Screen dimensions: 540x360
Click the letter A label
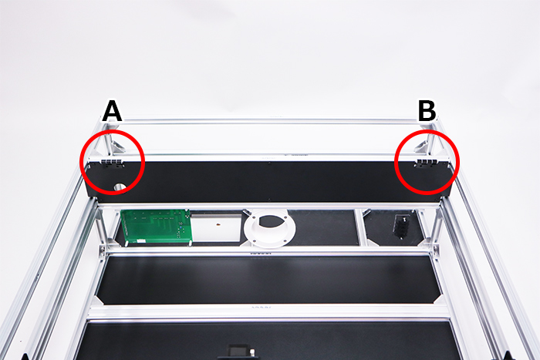113,111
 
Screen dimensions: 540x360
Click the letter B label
427,111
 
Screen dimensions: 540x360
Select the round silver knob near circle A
120,187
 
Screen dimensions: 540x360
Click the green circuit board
156,226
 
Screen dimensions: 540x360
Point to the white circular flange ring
270,227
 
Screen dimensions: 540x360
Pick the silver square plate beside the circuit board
216,227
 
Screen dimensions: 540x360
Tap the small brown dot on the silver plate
218,225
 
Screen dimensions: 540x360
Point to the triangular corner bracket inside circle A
118,146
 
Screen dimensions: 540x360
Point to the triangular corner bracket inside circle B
421,146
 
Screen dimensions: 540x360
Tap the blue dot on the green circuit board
181,227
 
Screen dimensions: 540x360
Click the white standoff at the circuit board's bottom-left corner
127,243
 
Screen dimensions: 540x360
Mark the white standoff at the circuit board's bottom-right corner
190,244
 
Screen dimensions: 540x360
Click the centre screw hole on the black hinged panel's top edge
270,163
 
